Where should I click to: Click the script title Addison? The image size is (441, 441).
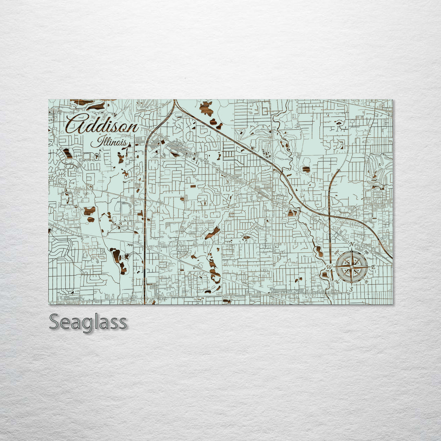[x=102, y=123]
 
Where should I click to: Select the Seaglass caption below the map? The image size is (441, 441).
[x=88, y=322]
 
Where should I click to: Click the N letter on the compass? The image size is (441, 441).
[x=352, y=245]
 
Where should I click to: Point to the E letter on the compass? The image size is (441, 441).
[x=373, y=267]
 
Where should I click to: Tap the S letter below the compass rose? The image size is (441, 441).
[x=351, y=290]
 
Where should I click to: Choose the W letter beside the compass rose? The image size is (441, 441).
[x=330, y=267]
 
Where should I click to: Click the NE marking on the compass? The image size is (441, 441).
[x=366, y=253]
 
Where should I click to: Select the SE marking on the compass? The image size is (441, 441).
[x=366, y=281]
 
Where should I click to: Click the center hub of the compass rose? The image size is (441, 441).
[x=352, y=267]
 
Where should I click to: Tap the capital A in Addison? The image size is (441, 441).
[x=76, y=123]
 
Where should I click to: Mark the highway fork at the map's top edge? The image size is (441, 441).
[x=175, y=102]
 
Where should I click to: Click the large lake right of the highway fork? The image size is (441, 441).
[x=207, y=108]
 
